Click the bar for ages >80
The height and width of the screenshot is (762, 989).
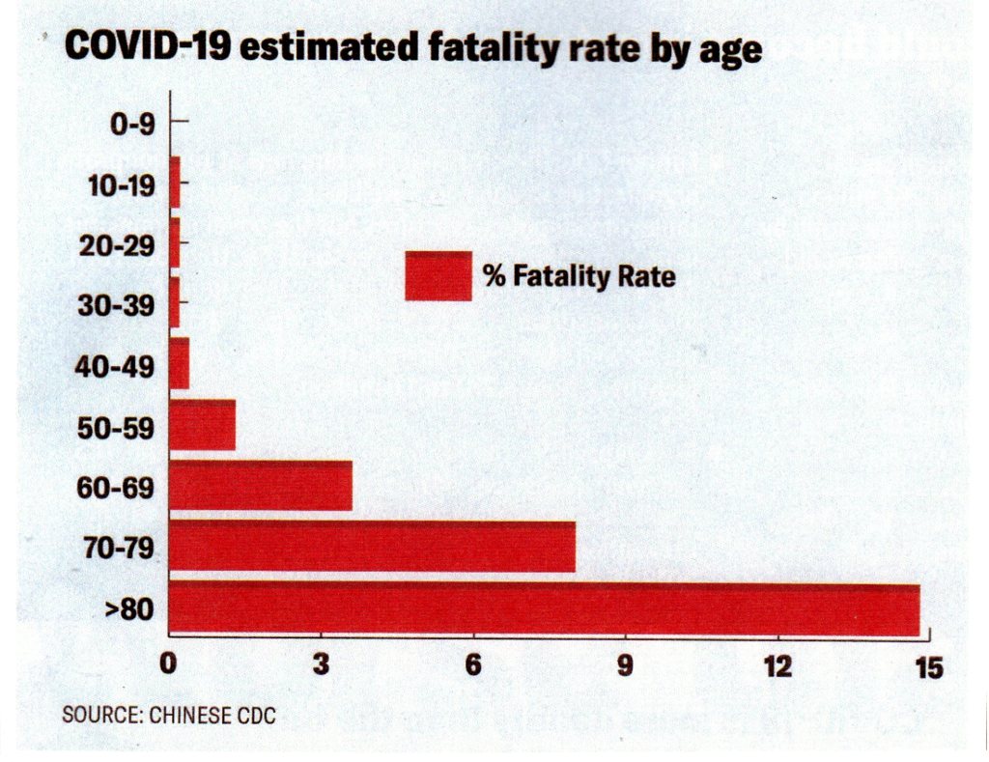pos(544,608)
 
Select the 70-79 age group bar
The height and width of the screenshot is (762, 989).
pos(372,547)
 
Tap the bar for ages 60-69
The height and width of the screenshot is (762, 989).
pos(260,486)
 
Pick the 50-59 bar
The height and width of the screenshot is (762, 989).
pos(202,425)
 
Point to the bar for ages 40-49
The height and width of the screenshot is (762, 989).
pos(179,363)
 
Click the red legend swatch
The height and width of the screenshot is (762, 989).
pos(438,276)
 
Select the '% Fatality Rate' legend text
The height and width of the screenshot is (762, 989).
pos(579,277)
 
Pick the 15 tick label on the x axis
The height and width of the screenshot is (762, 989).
pos(928,667)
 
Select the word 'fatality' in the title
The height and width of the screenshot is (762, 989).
pos(453,48)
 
